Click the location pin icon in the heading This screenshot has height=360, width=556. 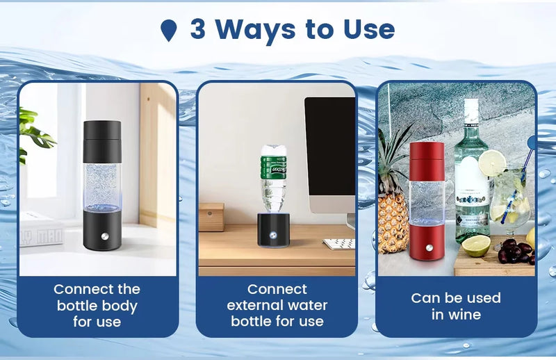tap(169, 31)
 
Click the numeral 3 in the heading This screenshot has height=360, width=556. tap(198, 30)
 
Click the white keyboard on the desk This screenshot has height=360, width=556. tap(338, 243)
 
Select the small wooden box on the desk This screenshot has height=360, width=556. tap(211, 217)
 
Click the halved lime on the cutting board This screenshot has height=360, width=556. tap(475, 245)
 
